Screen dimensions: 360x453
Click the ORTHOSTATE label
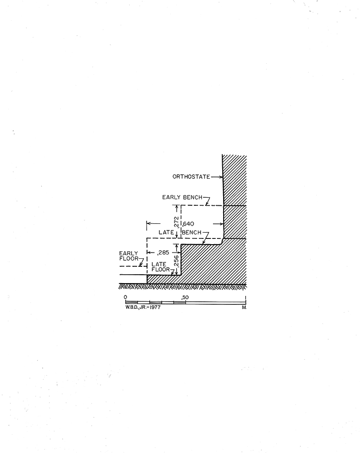191,177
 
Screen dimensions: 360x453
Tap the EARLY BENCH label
182,197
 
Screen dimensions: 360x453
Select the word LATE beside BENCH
166,232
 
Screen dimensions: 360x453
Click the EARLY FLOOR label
129,256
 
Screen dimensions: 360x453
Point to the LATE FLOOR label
160,267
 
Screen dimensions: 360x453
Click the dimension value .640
188,223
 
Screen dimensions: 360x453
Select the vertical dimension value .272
176,222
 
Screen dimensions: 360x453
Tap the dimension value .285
163,253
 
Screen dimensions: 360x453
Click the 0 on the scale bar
125,297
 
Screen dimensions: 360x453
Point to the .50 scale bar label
185,297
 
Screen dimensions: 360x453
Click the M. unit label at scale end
244,307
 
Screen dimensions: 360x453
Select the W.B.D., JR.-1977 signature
143,307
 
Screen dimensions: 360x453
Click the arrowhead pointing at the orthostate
221,177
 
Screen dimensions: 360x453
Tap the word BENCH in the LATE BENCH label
191,232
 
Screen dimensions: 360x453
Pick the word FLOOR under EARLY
129,258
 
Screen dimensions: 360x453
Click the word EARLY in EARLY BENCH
171,197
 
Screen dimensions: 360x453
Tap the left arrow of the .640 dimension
153,223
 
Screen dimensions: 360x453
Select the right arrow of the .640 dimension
218,223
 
